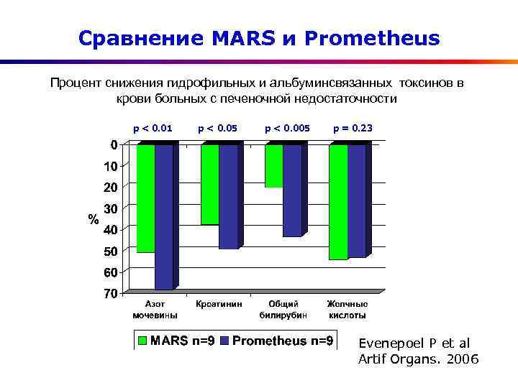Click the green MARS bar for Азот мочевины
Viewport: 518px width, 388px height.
click(x=145, y=198)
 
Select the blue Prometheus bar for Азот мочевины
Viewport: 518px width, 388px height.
click(x=164, y=216)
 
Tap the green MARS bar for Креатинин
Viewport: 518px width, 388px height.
click(x=209, y=185)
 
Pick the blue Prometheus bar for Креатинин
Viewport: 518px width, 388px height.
click(x=228, y=196)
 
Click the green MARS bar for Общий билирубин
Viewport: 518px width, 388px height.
click(x=273, y=166)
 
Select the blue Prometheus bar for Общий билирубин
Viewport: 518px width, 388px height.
click(x=292, y=190)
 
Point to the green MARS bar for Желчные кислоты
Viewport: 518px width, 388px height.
click(x=337, y=202)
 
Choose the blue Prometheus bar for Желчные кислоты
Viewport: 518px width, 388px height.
click(x=356, y=200)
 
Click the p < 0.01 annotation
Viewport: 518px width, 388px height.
click(x=153, y=129)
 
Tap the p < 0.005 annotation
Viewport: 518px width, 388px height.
click(x=287, y=129)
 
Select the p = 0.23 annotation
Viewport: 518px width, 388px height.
click(x=353, y=129)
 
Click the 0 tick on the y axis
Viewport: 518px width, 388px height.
click(x=114, y=144)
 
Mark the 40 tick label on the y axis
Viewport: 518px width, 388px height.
click(x=110, y=229)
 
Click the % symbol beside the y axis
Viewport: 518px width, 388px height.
click(x=93, y=218)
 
